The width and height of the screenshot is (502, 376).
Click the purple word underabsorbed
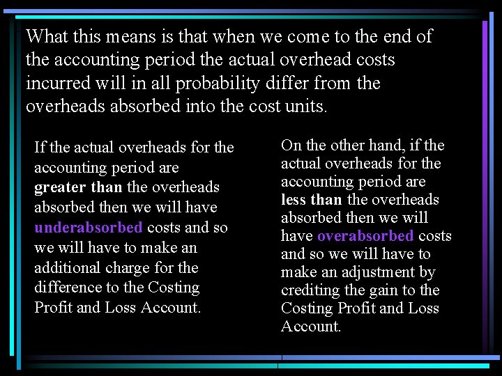[x=89, y=228]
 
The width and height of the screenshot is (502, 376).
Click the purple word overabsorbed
[x=365, y=236]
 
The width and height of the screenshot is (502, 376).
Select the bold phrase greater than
[x=78, y=187]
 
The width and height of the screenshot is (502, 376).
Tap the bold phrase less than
[x=311, y=200]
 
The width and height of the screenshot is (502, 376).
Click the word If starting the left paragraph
[x=40, y=148]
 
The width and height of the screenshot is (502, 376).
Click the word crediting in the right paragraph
[x=310, y=290]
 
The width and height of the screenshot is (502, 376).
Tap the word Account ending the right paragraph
[x=310, y=327]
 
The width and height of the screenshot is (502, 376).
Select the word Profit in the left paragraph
[x=53, y=308]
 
